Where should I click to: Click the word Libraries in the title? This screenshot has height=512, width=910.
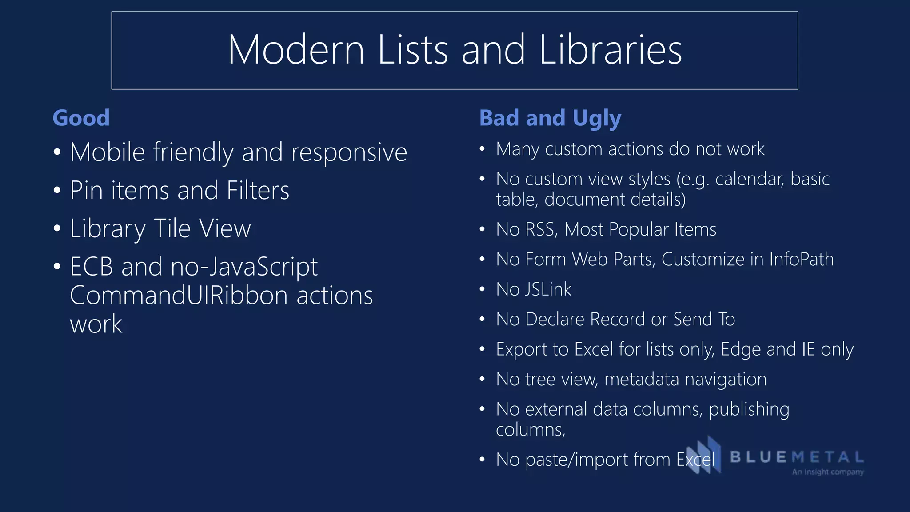[610, 50]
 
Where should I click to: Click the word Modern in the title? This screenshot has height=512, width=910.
[296, 50]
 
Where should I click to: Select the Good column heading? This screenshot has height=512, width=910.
[81, 118]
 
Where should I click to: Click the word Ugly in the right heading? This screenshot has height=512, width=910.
[597, 119]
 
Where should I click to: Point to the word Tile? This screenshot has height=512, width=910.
[172, 229]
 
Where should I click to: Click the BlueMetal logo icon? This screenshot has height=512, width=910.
[704, 456]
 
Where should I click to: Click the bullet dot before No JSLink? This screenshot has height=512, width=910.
[482, 289]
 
